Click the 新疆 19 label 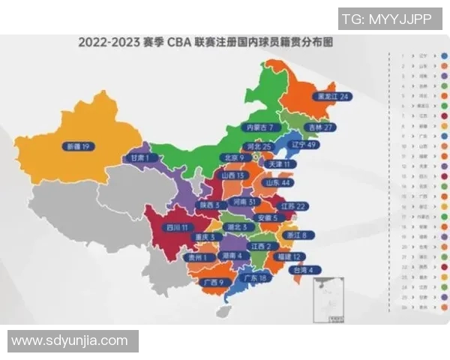76,146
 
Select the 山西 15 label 231,175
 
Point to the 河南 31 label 247,202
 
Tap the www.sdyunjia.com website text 69,340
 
